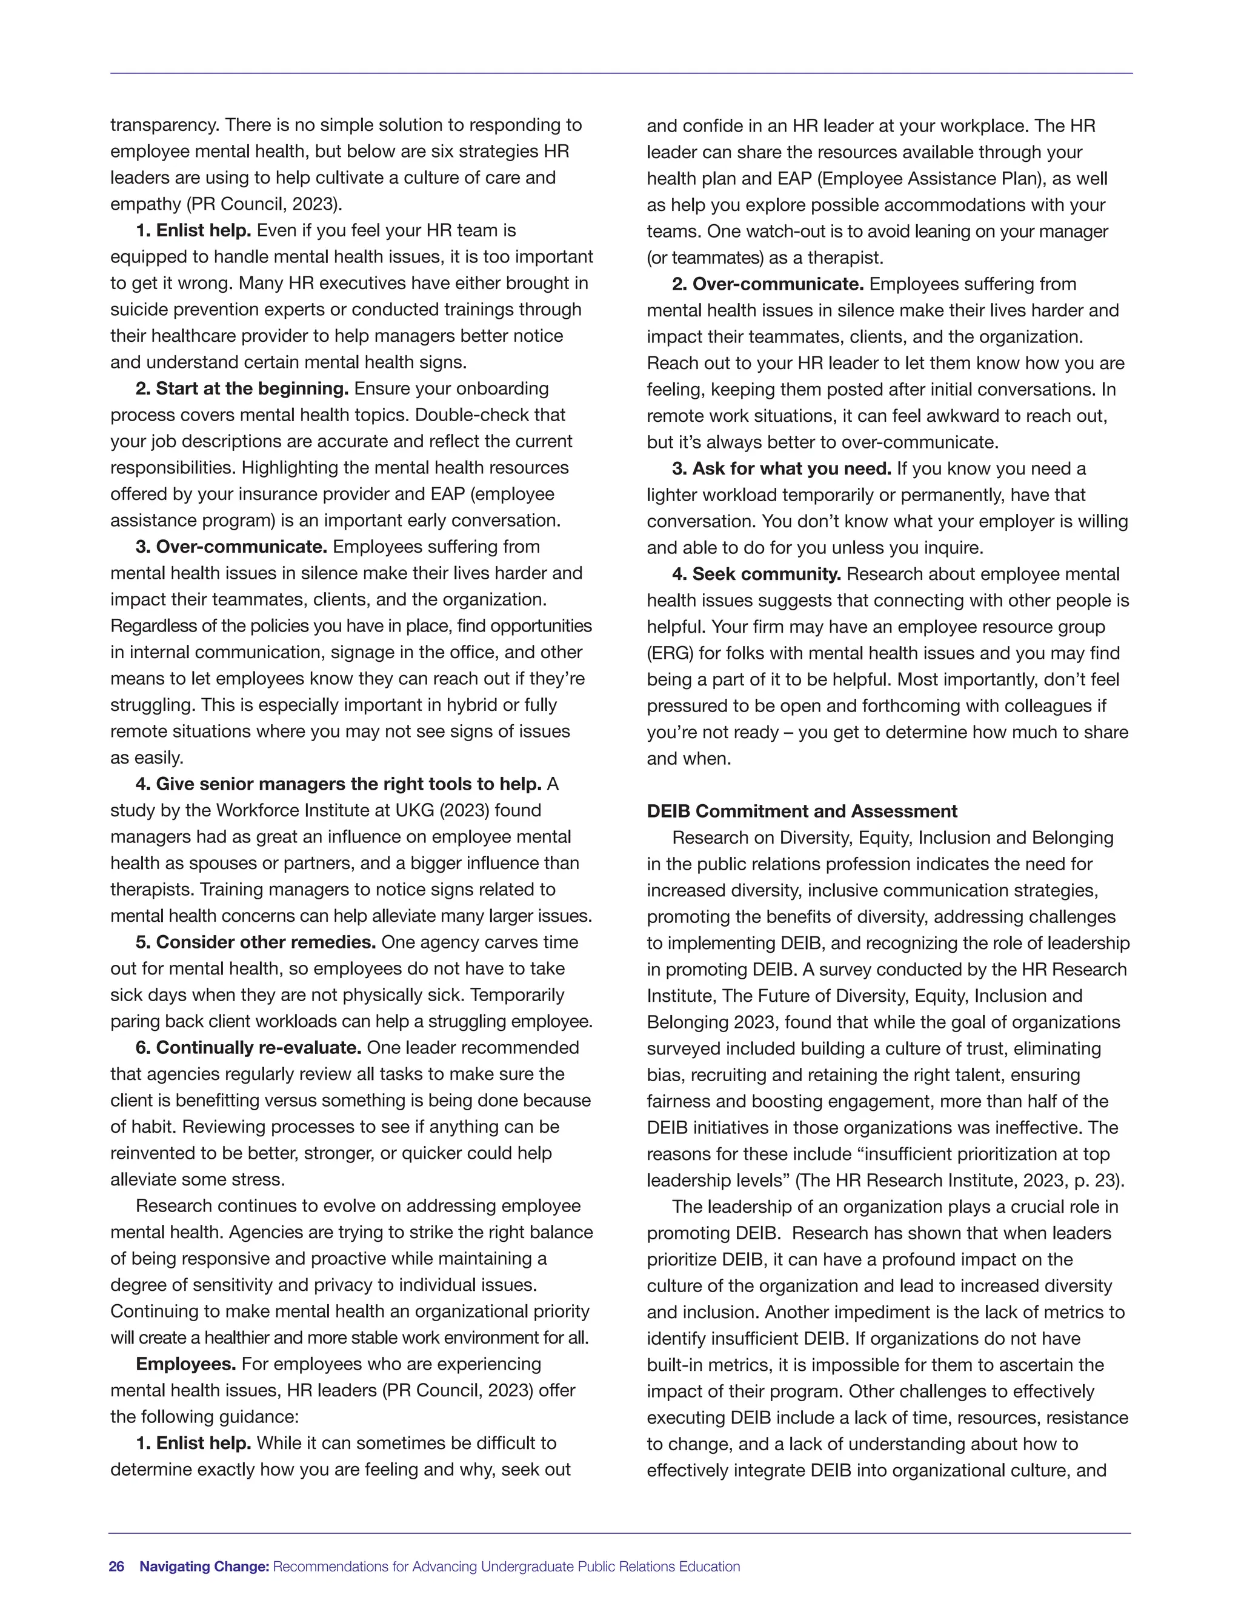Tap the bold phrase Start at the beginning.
point(252,388)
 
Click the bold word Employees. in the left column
point(186,1364)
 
